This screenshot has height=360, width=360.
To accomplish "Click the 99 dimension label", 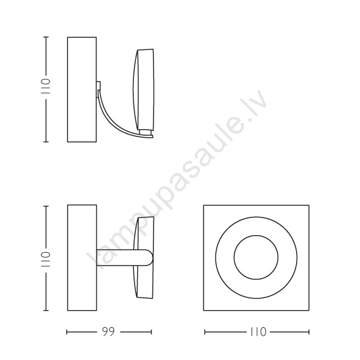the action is pos(108,332).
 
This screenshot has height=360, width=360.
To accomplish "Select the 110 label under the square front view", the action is pos(258,332).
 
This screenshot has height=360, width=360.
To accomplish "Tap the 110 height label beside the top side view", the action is pos(46,86).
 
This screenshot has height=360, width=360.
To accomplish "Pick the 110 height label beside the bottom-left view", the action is pos(46,259).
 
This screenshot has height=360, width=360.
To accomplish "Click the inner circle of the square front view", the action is pos(256,235).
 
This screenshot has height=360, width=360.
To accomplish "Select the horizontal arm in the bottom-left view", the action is pos(125,258).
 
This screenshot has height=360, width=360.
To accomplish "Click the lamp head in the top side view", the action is pos(144,90).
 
